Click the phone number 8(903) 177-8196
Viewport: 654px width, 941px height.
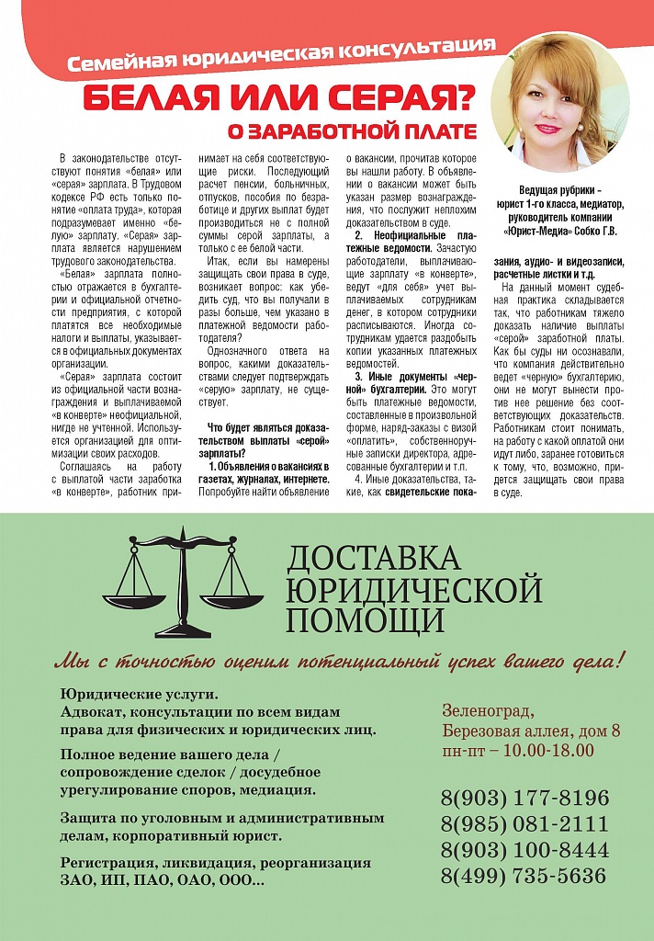(x=524, y=797)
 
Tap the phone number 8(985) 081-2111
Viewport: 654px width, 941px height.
(x=524, y=822)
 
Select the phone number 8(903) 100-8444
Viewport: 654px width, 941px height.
(x=524, y=848)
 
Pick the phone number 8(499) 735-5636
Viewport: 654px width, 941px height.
(x=524, y=875)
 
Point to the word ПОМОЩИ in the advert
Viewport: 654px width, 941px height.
(x=366, y=620)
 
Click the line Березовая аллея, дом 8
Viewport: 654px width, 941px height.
(x=531, y=731)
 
